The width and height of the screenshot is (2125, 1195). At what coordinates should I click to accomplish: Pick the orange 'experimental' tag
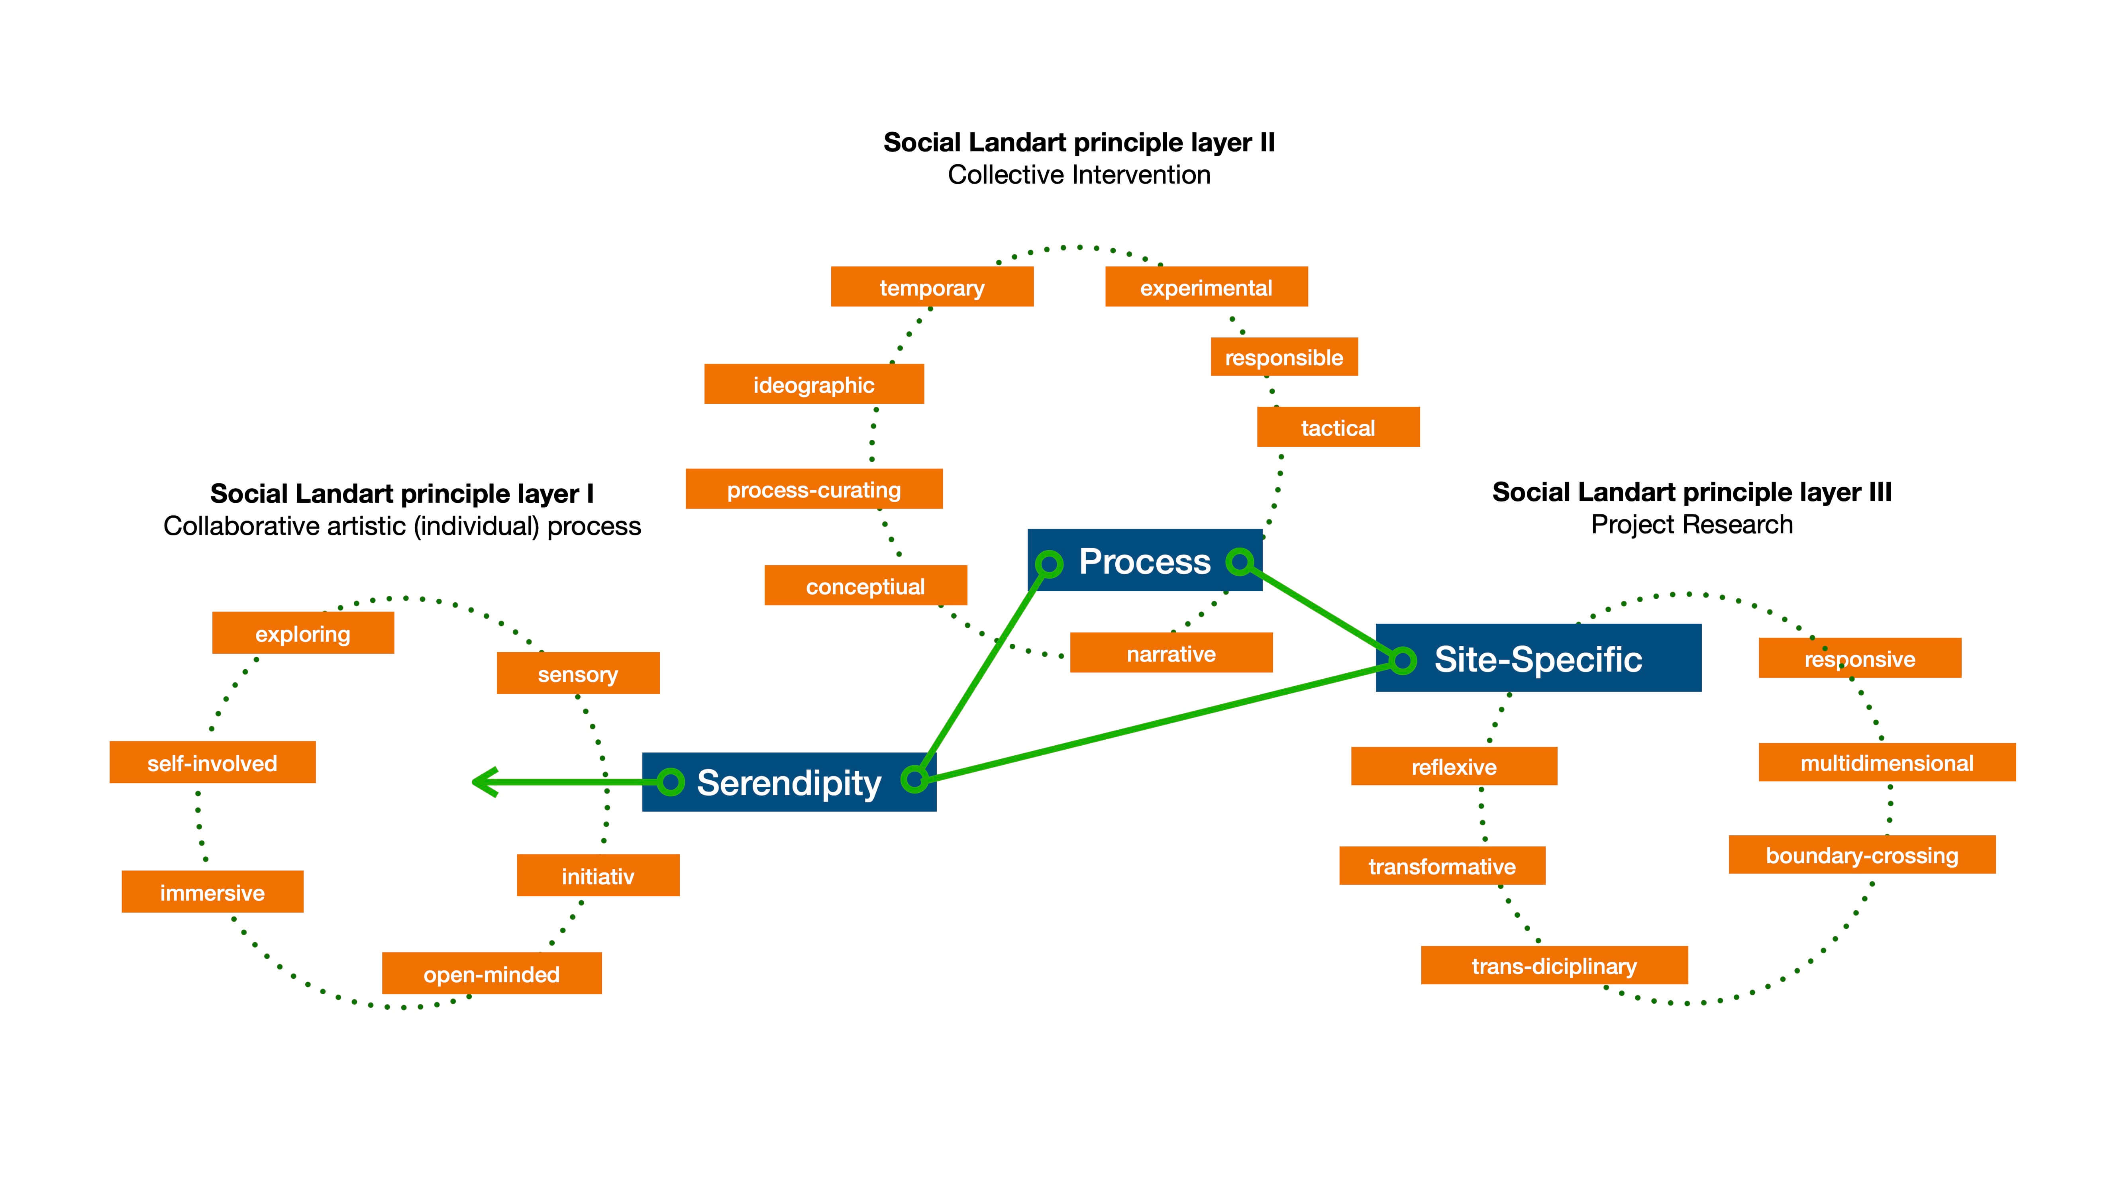pyautogui.click(x=1206, y=287)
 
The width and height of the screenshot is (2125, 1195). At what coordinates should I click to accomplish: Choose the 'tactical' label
pyautogui.click(x=1338, y=427)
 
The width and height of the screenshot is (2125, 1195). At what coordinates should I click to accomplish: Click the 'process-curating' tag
pyautogui.click(x=813, y=489)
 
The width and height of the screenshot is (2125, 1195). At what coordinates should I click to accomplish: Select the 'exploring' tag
pyautogui.click(x=303, y=633)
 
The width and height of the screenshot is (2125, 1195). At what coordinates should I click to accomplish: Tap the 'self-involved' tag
pyautogui.click(x=212, y=763)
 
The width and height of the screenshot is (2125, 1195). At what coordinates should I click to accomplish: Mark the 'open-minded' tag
pyautogui.click(x=492, y=974)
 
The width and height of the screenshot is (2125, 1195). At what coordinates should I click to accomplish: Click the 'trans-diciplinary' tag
pyautogui.click(x=1554, y=966)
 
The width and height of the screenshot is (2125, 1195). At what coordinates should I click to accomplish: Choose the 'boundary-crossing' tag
pyautogui.click(x=1862, y=855)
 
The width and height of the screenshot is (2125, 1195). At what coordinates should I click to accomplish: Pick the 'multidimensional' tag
pyautogui.click(x=1887, y=763)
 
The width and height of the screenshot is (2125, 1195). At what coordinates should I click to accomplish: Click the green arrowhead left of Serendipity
pyautogui.click(x=483, y=782)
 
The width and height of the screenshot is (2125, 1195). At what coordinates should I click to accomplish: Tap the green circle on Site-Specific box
pyautogui.click(x=1402, y=660)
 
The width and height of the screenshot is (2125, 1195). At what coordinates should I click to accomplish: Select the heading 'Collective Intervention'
pyautogui.click(x=1079, y=175)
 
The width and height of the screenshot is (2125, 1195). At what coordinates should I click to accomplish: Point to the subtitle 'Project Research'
pyautogui.click(x=1692, y=525)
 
